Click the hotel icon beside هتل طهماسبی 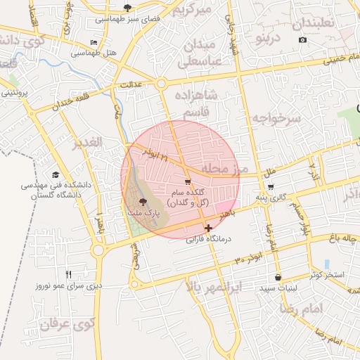click(95, 43)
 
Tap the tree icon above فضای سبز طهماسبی click(127, 8)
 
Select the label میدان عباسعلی click(202, 53)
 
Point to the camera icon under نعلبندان click(302, 39)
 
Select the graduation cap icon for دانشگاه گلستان click(55, 174)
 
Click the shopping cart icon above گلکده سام click(187, 181)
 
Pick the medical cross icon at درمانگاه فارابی click(207, 228)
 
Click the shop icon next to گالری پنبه click(271, 187)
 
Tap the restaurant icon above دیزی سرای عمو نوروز click(68, 274)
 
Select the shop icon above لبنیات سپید click(279, 277)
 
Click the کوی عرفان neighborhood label click(67, 325)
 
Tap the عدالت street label click(132, 84)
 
